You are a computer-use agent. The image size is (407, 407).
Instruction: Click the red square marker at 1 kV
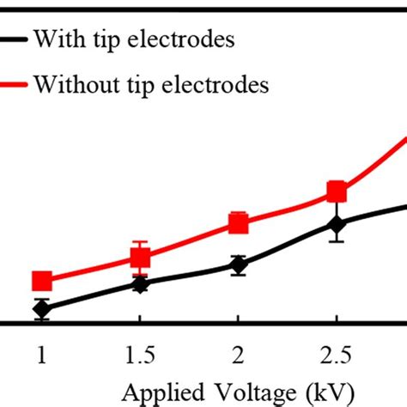[41, 281]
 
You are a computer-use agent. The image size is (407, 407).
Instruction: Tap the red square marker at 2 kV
[239, 224]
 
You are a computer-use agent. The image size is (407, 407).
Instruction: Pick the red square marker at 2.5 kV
[337, 191]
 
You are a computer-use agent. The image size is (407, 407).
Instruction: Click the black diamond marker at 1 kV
[41, 309]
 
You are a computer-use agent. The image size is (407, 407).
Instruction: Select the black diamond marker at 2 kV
[239, 265]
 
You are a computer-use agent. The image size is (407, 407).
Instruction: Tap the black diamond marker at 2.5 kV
[337, 225]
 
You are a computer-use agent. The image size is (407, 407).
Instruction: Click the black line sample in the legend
[13, 39]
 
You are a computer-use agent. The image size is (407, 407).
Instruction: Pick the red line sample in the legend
[13, 84]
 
